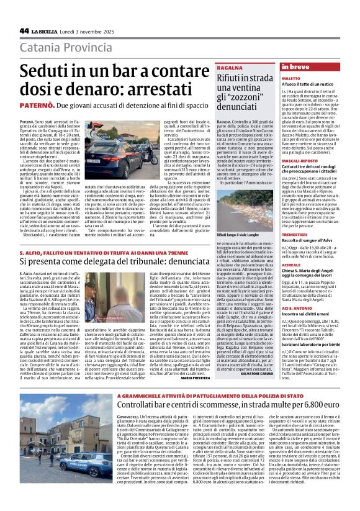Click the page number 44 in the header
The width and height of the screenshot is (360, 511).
24,30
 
